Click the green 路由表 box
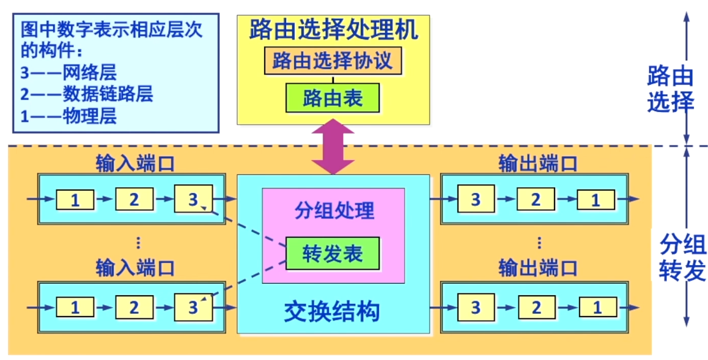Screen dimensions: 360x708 333,98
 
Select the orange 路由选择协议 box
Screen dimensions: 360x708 333,61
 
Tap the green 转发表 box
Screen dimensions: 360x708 333,254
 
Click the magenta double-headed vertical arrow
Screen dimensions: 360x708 333,147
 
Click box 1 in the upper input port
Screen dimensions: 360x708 75,199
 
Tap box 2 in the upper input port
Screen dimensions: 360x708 133,199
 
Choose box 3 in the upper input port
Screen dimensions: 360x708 193,199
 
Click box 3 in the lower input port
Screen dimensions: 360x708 193,307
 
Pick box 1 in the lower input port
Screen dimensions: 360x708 75,307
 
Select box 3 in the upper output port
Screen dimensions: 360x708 476,199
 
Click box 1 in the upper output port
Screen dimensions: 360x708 597,199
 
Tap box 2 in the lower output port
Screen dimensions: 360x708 536,307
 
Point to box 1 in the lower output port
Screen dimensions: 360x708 597,307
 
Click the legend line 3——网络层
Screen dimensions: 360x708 68,73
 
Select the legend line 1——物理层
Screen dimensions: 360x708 68,116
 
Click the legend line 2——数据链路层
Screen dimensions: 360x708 86,94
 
